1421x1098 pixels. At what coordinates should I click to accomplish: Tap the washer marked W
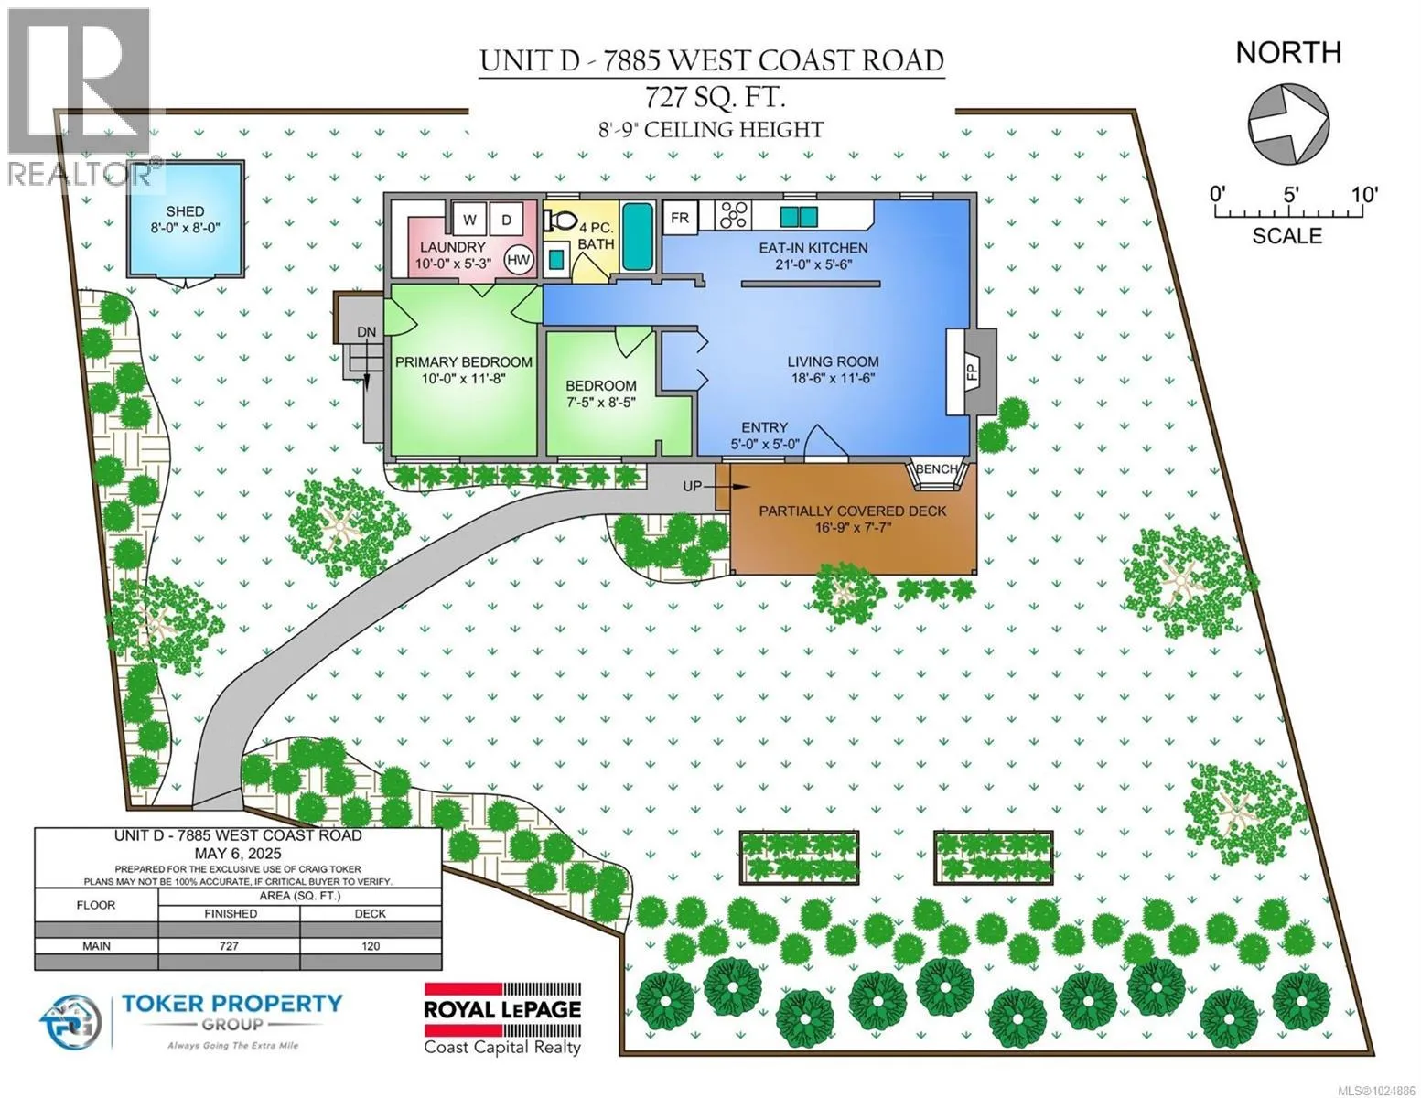468,219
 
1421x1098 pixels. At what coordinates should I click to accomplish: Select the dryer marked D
506,219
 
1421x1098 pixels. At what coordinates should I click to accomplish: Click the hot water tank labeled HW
519,260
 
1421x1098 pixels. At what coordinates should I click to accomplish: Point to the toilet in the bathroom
559,219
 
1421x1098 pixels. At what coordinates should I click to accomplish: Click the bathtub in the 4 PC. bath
637,236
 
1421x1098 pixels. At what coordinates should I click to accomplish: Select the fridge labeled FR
680,217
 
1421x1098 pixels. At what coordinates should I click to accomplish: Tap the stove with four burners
733,214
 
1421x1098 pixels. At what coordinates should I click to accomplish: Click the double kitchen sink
799,216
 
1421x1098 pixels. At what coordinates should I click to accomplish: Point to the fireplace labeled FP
972,371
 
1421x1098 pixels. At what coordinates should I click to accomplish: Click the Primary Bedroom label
464,362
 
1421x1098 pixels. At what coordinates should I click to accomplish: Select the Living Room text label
833,361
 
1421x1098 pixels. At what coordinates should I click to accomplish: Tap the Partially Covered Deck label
852,511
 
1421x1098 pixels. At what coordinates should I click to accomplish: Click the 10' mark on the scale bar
1365,195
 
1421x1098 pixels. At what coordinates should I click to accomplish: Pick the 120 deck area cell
371,945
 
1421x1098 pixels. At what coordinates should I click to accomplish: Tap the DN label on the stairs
366,332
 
